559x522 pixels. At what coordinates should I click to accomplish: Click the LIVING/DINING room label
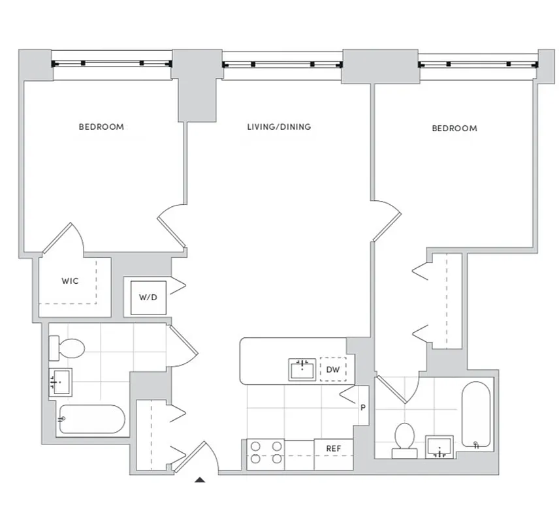(x=279, y=127)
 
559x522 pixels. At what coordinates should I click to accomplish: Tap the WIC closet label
(x=70, y=281)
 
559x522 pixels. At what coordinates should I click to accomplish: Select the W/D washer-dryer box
(x=148, y=298)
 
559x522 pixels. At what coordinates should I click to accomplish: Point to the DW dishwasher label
(x=333, y=370)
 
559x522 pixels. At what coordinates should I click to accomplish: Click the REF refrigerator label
(x=334, y=449)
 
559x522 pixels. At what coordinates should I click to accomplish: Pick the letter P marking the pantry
(x=362, y=407)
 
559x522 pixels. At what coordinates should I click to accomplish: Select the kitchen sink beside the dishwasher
(x=302, y=369)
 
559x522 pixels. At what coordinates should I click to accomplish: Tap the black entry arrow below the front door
(x=200, y=480)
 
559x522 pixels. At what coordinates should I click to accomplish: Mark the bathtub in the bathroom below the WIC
(x=92, y=420)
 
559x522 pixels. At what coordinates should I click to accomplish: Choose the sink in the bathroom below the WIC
(x=61, y=381)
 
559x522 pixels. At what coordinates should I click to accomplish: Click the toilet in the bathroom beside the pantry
(x=404, y=439)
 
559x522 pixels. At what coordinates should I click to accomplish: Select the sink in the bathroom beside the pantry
(x=439, y=447)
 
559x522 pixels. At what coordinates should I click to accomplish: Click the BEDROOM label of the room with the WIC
(x=101, y=127)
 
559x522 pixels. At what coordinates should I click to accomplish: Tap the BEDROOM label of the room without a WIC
(x=455, y=129)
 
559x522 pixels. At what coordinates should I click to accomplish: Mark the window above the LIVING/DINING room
(x=282, y=65)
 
